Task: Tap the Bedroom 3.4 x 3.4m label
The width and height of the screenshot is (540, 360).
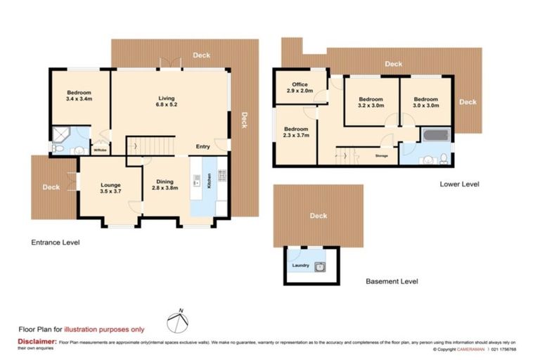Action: (x=79, y=96)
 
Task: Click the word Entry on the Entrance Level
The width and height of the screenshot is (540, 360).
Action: (x=202, y=147)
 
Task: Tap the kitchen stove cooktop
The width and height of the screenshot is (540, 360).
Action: (x=221, y=174)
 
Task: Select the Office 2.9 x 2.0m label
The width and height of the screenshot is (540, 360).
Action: (x=300, y=88)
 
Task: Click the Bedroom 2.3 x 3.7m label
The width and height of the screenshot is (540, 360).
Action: (x=295, y=133)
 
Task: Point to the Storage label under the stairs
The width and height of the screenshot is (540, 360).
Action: (x=382, y=155)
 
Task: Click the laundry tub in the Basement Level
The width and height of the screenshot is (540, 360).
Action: (x=320, y=266)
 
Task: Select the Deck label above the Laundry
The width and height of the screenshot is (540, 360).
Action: (x=319, y=216)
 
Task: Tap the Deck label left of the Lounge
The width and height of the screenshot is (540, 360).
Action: (x=50, y=187)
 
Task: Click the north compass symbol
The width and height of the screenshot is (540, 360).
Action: (x=179, y=322)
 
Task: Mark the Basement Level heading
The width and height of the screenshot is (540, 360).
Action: (x=392, y=281)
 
